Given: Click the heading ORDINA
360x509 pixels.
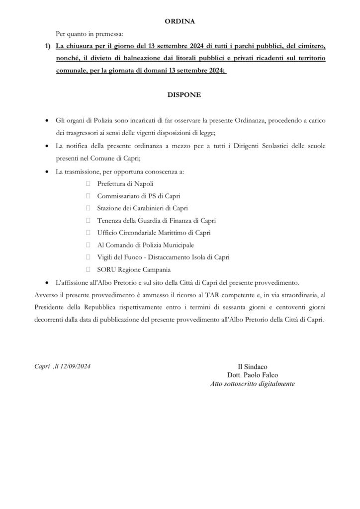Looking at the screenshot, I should point(180,22).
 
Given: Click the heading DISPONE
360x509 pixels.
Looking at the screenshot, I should point(180,95).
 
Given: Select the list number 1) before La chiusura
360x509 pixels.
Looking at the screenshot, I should point(48,47).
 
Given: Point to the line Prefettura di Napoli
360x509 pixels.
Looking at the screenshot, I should point(125,184).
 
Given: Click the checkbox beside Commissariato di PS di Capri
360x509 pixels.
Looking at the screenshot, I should point(88,196).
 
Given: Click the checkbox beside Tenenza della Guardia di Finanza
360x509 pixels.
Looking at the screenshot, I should point(88,220).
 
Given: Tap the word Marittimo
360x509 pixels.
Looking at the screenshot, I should point(176,232).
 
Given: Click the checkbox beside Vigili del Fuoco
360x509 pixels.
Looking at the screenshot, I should point(88,257).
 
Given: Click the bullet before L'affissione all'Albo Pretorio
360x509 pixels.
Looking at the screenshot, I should point(47,282).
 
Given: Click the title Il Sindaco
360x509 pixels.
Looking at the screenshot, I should point(253,367).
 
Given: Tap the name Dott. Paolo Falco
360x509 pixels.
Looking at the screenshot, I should point(253,376).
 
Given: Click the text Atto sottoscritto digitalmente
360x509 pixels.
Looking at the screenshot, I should point(253,384).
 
